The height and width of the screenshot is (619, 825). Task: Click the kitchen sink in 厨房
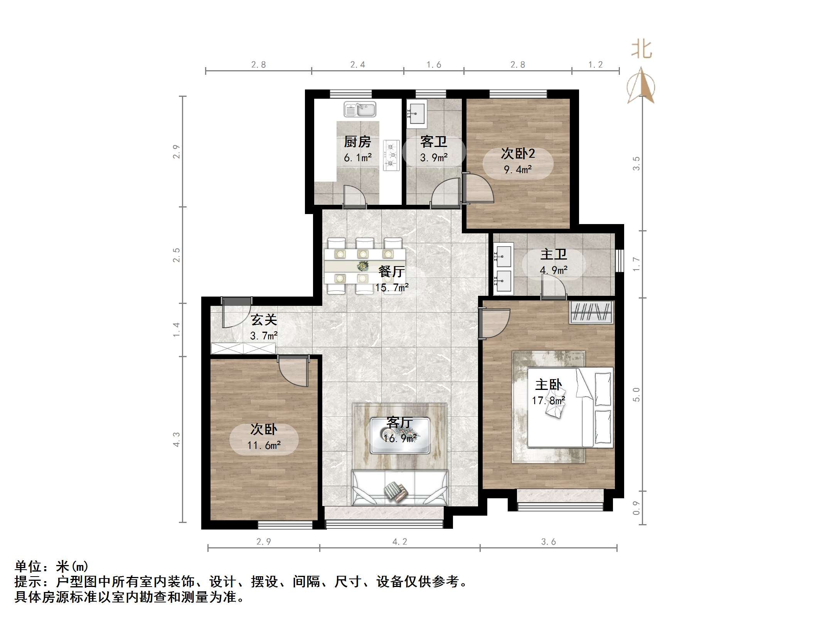click(x=360, y=109)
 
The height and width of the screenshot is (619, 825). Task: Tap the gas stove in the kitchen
click(x=391, y=155)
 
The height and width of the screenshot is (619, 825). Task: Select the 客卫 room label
click(x=434, y=142)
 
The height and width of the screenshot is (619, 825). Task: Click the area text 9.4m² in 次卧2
click(x=518, y=169)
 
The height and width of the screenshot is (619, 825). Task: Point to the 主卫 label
click(x=554, y=254)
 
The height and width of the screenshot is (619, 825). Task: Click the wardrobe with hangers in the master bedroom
click(x=591, y=312)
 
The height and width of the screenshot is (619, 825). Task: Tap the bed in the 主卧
click(x=570, y=407)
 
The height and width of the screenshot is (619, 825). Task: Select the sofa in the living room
click(x=400, y=488)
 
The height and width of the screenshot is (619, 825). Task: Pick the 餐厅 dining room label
click(x=391, y=272)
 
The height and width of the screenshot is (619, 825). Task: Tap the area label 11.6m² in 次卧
click(x=264, y=445)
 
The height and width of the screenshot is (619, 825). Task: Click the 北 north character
click(x=641, y=50)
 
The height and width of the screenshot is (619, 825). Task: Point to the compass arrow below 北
click(x=641, y=86)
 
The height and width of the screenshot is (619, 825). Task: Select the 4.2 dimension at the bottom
click(x=400, y=541)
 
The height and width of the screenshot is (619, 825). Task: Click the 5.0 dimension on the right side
click(x=636, y=395)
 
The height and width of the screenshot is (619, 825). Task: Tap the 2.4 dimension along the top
click(x=357, y=65)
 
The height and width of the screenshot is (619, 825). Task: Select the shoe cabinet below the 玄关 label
click(x=243, y=348)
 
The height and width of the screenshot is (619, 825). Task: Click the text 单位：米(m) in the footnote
click(x=52, y=566)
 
